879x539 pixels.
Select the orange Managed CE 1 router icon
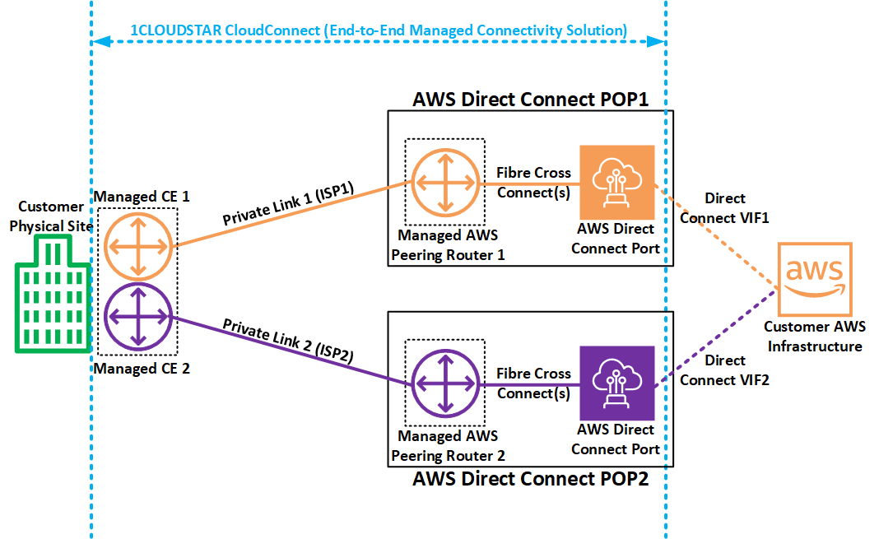tap(138, 245)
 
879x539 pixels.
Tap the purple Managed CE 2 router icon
tap(138, 315)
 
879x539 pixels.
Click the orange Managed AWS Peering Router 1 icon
tap(445, 183)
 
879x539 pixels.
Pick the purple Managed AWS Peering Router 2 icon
tap(445, 383)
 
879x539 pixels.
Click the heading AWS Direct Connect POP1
tap(531, 100)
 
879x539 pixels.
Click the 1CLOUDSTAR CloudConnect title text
tap(379, 30)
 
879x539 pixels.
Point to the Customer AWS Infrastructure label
tap(814, 337)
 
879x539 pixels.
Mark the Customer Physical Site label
tap(51, 216)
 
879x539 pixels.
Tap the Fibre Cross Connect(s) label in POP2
tap(533, 383)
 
